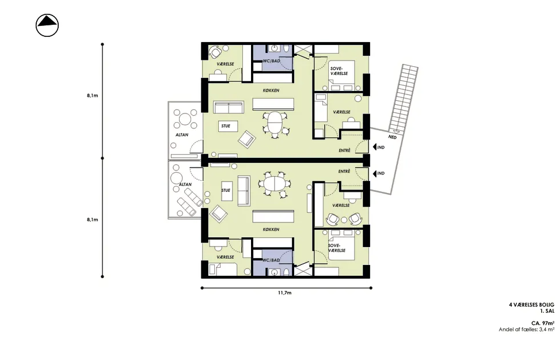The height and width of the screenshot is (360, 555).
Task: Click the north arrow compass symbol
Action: click(x=47, y=25)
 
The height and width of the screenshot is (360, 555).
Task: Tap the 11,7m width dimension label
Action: click(x=284, y=293)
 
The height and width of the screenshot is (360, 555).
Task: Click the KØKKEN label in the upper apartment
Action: click(x=271, y=90)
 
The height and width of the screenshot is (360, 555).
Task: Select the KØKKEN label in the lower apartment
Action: click(x=271, y=229)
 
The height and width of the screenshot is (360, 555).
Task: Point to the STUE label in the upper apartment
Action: click(x=226, y=126)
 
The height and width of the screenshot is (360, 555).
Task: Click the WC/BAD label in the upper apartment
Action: click(x=271, y=61)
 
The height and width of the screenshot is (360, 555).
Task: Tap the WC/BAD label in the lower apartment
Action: click(x=271, y=260)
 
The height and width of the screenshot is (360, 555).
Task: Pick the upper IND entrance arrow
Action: click(x=379, y=147)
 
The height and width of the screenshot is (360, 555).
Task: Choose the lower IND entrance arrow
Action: click(x=379, y=173)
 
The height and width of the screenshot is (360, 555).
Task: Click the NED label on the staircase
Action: click(x=392, y=137)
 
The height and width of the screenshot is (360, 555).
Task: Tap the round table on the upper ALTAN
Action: click(x=185, y=118)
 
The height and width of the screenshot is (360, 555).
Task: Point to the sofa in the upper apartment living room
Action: click(x=229, y=108)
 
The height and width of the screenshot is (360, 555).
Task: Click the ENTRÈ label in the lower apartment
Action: click(x=344, y=171)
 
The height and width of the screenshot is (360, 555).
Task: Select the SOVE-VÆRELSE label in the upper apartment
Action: click(x=339, y=71)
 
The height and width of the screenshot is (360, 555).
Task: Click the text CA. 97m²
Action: click(x=542, y=323)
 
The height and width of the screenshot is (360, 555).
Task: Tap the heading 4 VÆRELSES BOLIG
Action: click(x=531, y=305)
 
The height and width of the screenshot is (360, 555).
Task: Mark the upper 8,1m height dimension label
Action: click(x=92, y=95)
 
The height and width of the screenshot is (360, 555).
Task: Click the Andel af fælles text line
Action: click(x=526, y=329)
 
